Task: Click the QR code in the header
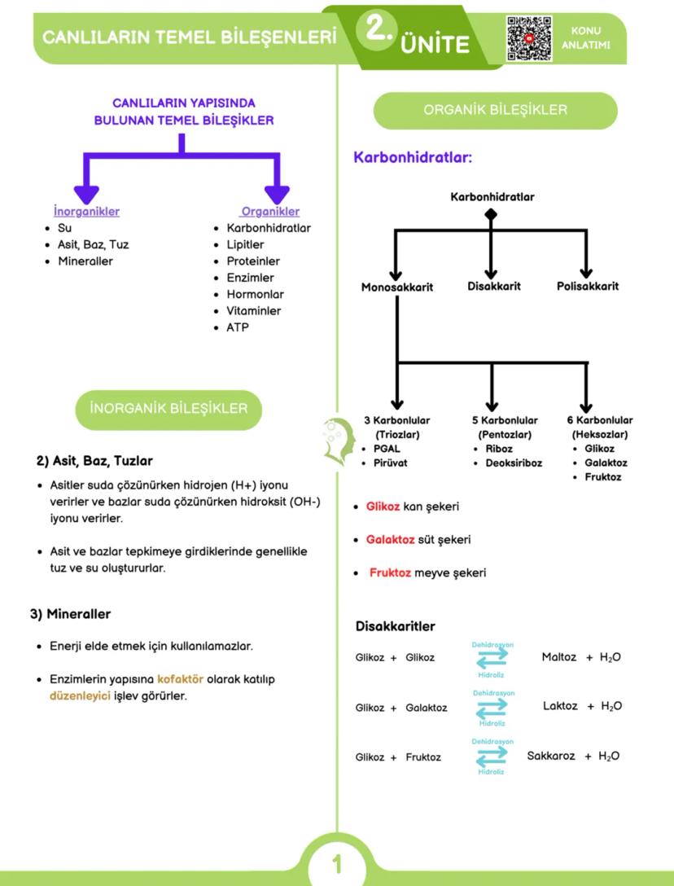(529, 38)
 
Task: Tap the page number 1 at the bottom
(337, 863)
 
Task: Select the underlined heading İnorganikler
(86, 212)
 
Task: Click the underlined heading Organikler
(271, 212)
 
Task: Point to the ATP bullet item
(238, 327)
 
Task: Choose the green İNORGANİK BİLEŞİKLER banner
(168, 408)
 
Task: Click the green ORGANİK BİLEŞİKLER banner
(495, 110)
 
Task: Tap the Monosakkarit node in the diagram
(397, 287)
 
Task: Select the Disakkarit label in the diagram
(494, 286)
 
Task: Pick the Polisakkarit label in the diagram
(588, 286)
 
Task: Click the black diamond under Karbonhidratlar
(491, 214)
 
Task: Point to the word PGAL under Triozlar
(387, 449)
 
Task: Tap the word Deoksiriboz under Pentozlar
(514, 463)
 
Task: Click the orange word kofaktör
(180, 678)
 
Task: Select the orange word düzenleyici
(80, 695)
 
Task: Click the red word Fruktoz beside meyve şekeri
(390, 572)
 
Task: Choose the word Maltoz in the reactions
(559, 656)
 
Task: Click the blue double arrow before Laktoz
(492, 708)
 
